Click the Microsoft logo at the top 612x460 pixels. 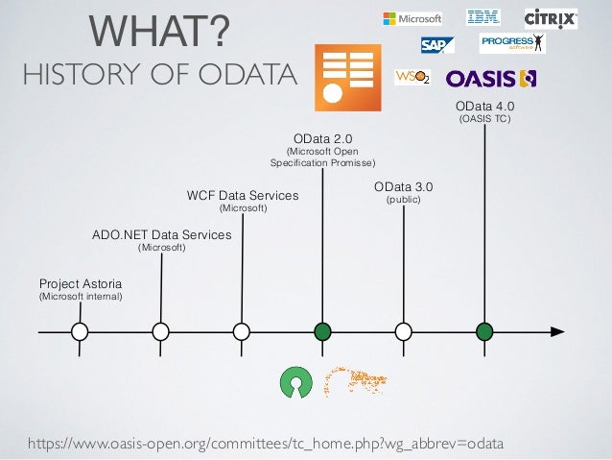point(412,18)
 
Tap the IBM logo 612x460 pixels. point(483,16)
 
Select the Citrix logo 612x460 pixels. point(551,18)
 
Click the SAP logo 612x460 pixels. point(436,44)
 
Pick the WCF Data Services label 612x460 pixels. point(243,196)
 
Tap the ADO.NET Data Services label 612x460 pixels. point(161,233)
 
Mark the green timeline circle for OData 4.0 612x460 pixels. point(485,331)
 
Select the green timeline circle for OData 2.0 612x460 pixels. point(322,331)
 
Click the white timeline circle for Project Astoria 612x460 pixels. point(81,331)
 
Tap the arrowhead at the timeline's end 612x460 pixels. point(556,331)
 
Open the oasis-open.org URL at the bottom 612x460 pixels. point(266,442)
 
